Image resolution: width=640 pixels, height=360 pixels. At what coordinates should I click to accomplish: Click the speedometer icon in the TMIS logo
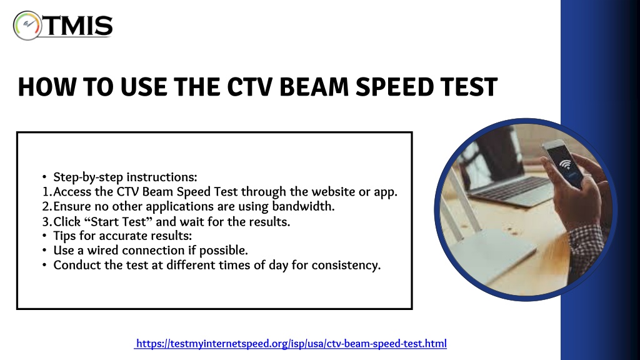pos(27,25)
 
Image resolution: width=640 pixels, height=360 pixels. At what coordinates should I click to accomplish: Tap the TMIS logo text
pos(77,26)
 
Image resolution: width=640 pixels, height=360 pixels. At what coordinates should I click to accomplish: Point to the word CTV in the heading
pos(249,87)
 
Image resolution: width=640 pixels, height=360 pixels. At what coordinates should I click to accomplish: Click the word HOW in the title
pos(47,87)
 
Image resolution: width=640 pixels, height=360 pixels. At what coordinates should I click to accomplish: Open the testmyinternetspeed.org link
pos(291,344)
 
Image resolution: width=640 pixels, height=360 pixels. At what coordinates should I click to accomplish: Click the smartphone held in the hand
pos(562,163)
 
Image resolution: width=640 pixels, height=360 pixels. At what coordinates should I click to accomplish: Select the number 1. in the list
pos(47,192)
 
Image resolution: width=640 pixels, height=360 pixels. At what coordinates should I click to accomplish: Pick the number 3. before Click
pos(47,222)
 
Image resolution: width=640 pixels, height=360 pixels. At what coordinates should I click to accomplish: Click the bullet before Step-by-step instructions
pos(44,177)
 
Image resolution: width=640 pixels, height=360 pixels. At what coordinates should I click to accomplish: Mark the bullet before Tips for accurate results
pos(44,236)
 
